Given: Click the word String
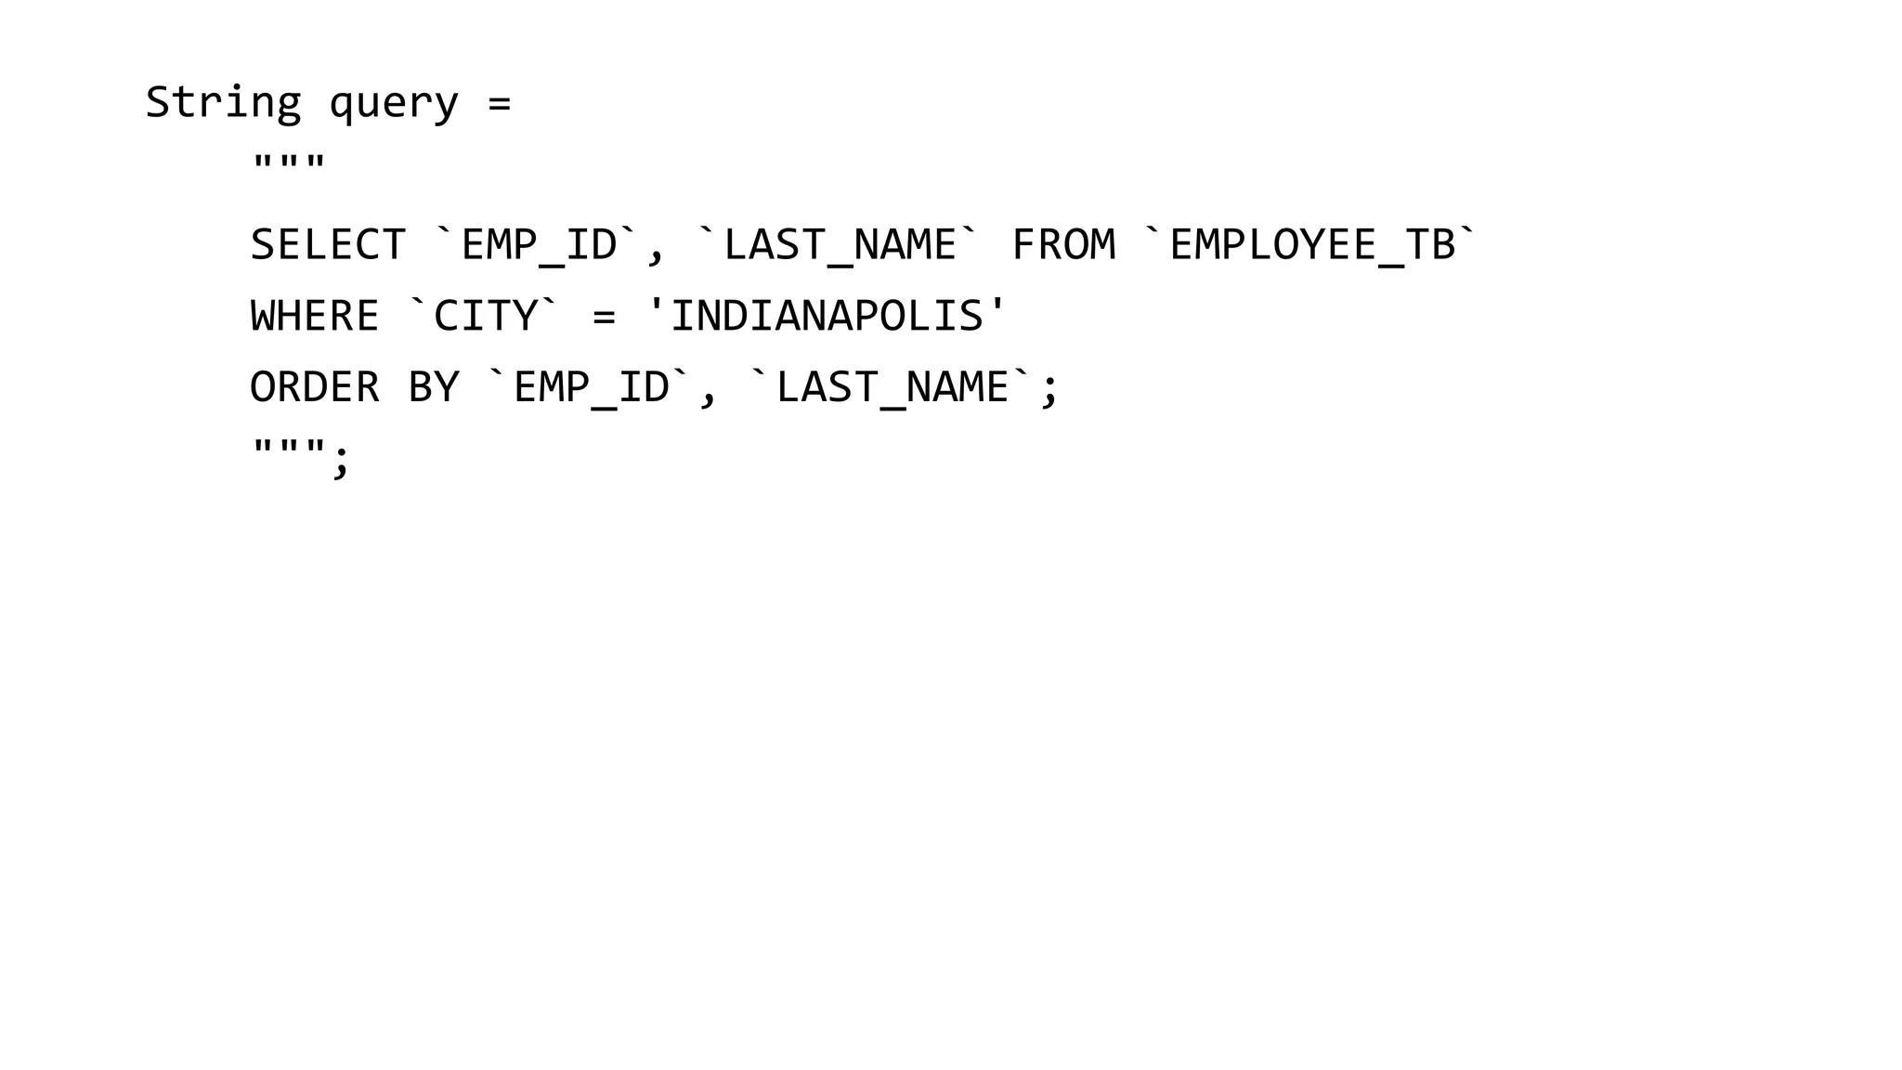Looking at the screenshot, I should (223, 102).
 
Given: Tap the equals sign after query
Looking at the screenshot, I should (500, 103).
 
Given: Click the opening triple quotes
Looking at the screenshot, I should (289, 165).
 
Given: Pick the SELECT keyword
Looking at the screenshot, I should (328, 245).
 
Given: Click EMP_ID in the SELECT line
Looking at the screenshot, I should (539, 245).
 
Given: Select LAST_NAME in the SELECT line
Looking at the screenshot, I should (840, 245).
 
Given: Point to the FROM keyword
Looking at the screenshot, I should (1063, 245).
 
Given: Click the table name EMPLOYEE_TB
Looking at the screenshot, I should (1311, 245).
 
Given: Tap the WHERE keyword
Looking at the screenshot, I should (315, 316).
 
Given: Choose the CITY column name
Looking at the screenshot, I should (486, 316).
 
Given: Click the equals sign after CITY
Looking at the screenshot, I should (604, 317).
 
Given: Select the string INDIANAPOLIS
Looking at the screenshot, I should (827, 316).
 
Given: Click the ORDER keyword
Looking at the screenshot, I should (315, 387).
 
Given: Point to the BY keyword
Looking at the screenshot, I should (434, 387).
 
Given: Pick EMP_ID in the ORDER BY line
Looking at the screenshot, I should (591, 387).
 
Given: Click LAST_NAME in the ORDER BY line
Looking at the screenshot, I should (892, 387).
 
